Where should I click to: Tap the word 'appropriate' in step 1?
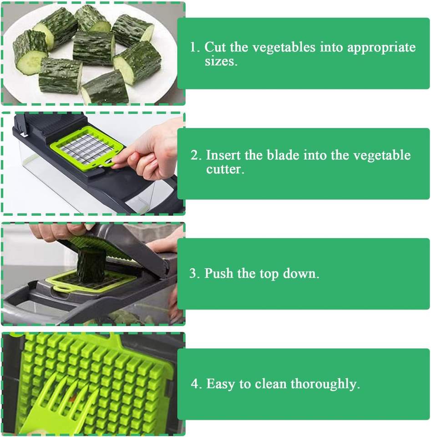(x=381, y=48)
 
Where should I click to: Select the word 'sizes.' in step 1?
(x=221, y=61)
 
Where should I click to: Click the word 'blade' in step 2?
(x=283, y=155)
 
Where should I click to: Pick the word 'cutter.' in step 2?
(x=225, y=169)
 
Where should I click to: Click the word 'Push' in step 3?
(x=219, y=273)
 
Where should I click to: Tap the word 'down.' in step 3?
(x=301, y=273)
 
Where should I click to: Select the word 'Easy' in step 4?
(x=220, y=384)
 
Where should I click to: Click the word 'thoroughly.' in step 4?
(x=325, y=384)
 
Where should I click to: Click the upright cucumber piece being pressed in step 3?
(x=91, y=265)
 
